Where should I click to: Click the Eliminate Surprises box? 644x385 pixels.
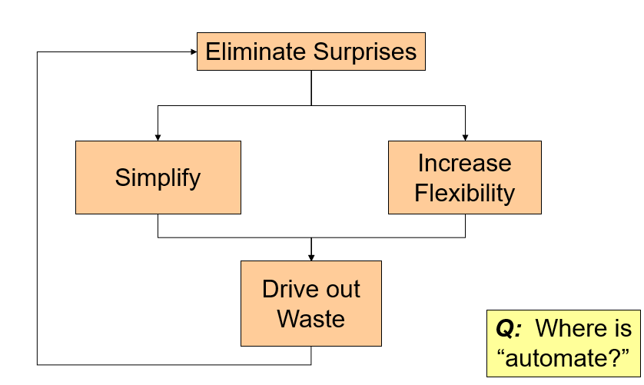click(x=310, y=51)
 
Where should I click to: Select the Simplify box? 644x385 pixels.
click(x=158, y=177)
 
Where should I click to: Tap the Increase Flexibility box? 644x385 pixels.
click(x=464, y=177)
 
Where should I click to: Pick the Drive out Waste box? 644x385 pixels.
click(x=310, y=303)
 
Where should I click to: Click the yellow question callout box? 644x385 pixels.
click(x=563, y=343)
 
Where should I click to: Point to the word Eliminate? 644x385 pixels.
click(x=255, y=52)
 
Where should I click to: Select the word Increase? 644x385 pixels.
click(x=464, y=163)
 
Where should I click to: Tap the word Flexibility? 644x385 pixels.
click(x=464, y=192)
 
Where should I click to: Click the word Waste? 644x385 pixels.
click(x=310, y=317)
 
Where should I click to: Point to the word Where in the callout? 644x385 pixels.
click(x=569, y=329)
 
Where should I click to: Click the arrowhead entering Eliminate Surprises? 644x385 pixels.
click(x=193, y=52)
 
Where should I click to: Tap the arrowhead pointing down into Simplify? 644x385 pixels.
click(x=158, y=137)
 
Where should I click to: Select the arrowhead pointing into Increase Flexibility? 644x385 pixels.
click(x=464, y=137)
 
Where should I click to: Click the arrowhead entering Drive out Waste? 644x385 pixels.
click(x=310, y=257)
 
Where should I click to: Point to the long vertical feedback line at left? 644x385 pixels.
click(x=37, y=207)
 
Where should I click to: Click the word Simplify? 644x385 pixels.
click(x=158, y=178)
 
